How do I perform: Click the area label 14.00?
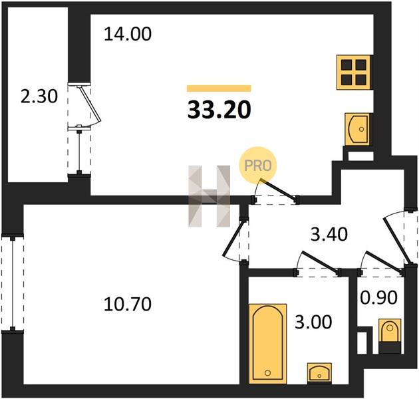pyautogui.click(x=128, y=34)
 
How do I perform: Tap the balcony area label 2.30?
pyautogui.click(x=39, y=96)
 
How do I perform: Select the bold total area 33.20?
pyautogui.click(x=219, y=110)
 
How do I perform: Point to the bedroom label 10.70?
pyautogui.click(x=128, y=304)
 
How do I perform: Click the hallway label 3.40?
pyautogui.click(x=329, y=234)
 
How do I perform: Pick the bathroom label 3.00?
pyautogui.click(x=313, y=322)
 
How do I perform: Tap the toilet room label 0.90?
pyautogui.click(x=378, y=297)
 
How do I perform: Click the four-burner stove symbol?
pyautogui.click(x=354, y=72)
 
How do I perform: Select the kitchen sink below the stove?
pyautogui.click(x=357, y=129)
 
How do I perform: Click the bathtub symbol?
pyautogui.click(x=268, y=343)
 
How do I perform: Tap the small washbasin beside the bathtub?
pyautogui.click(x=319, y=373)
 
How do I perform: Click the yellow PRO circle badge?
pyautogui.click(x=258, y=166)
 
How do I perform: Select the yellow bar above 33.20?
pyautogui.click(x=219, y=88)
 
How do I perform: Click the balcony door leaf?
pyautogui.click(x=90, y=104)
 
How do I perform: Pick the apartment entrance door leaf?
pyautogui.click(x=396, y=241)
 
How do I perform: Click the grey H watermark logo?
pyautogui.click(x=209, y=196)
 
